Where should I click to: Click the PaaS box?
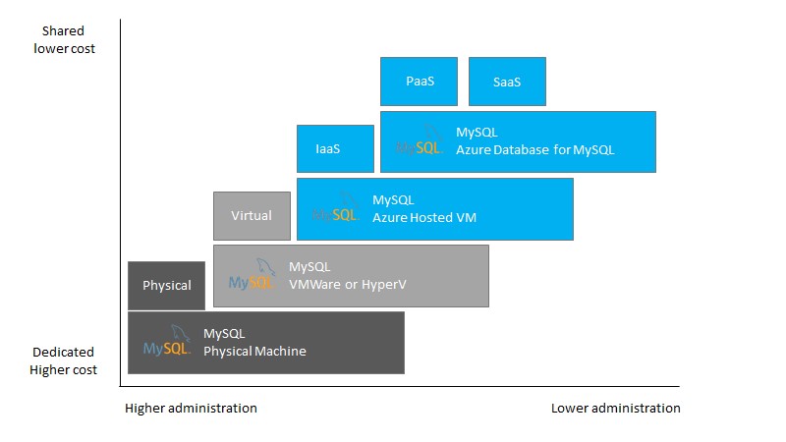click(419, 82)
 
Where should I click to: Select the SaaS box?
click(507, 82)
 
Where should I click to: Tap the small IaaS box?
click(335, 149)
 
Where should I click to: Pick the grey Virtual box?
click(252, 216)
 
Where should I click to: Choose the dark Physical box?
click(167, 286)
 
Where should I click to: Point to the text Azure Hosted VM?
click(423, 217)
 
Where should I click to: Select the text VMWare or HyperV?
click(347, 284)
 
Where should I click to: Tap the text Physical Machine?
click(254, 351)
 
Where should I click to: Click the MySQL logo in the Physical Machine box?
click(166, 342)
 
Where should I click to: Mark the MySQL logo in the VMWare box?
click(252, 275)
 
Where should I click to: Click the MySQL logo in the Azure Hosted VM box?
click(335, 208)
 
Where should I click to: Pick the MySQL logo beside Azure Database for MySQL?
click(420, 141)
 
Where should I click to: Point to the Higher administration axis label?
click(191, 408)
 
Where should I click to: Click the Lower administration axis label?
click(615, 408)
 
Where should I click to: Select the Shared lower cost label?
click(64, 40)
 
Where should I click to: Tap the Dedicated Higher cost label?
click(63, 360)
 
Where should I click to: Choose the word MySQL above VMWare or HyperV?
click(309, 266)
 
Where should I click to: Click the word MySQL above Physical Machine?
click(224, 334)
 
